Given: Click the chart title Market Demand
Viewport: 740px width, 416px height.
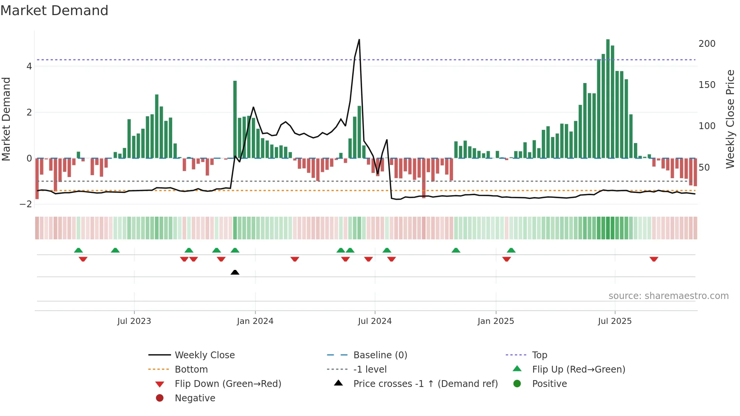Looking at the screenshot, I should (54, 11).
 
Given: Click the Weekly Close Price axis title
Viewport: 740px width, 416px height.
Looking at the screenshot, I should (730, 119).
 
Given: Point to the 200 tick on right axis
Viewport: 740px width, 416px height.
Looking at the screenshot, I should (707, 44).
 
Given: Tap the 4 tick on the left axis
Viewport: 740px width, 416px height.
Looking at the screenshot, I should (29, 66).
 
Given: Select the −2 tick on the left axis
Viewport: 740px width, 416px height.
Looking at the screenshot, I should (26, 204).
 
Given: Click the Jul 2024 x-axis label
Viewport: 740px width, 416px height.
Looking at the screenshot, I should (375, 321).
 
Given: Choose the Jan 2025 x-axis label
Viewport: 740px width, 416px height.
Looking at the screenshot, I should (495, 321).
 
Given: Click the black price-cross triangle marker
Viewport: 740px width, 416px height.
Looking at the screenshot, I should (235, 272).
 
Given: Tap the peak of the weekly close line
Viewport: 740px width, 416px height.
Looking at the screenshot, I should (359, 40).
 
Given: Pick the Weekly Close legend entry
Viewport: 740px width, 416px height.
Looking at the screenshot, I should (204, 355).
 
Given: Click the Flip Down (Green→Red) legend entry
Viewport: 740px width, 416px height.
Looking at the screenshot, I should (228, 384).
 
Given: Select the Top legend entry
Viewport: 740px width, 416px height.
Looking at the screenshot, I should (539, 355).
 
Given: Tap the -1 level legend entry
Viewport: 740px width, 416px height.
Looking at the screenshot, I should (370, 370).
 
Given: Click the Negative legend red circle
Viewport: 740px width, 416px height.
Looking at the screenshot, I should (160, 398).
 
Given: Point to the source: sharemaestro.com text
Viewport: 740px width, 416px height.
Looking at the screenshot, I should (668, 296).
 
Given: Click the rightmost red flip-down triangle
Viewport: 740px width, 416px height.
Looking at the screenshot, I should (654, 259).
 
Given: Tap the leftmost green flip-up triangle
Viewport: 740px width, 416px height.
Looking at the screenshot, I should (79, 250).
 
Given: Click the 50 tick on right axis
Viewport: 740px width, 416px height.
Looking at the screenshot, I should (704, 167).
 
